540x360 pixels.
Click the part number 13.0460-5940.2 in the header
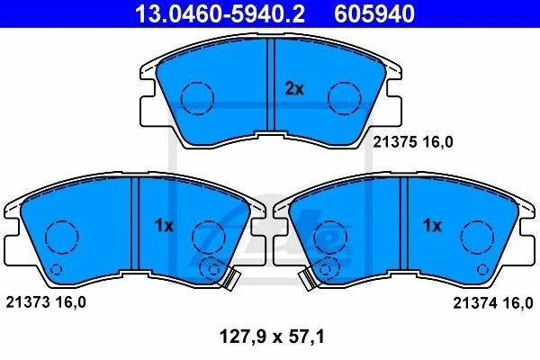(220, 13)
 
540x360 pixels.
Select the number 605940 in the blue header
(374, 13)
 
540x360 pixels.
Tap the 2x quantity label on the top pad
(294, 89)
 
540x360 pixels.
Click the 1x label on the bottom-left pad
(164, 226)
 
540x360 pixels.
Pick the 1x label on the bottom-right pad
(432, 226)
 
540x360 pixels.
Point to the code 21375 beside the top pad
(395, 142)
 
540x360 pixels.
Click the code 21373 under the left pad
(28, 302)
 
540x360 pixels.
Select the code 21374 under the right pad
(475, 303)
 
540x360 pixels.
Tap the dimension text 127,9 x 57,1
(272, 337)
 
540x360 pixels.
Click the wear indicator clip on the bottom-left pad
(231, 278)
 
